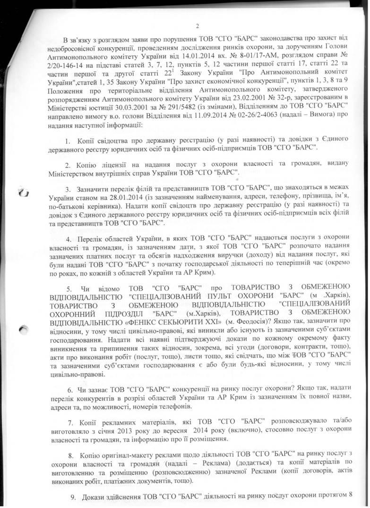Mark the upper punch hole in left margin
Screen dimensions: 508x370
coord(24,193)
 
